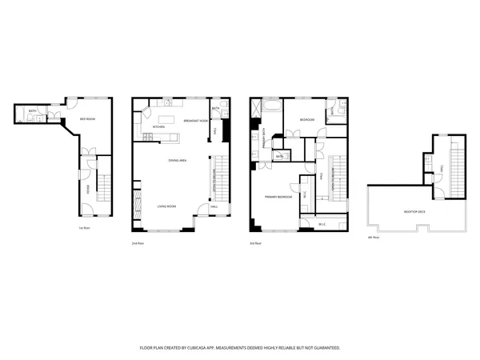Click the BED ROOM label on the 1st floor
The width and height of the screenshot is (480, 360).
87,119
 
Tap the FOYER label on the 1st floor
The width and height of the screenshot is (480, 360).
87,189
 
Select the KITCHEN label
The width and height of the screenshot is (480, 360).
158,126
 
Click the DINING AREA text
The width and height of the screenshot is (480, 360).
178,161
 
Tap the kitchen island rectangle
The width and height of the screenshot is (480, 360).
171,134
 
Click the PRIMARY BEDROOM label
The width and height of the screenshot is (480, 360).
278,196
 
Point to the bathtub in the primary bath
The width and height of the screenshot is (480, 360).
269,106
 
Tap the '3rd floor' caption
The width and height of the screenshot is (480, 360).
256,242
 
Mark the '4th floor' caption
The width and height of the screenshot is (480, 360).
371,238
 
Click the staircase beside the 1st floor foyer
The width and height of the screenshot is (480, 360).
104,188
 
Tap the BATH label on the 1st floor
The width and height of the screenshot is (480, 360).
32,111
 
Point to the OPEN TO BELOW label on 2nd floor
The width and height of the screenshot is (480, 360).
214,181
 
